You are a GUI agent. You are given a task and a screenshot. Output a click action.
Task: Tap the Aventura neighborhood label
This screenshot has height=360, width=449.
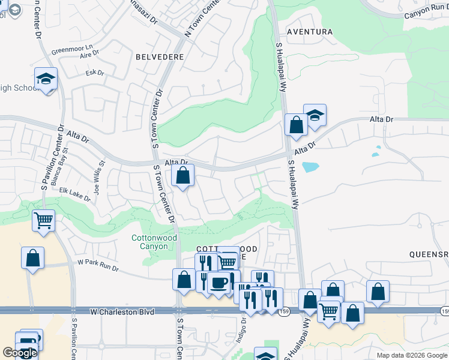pyautogui.click(x=310, y=31)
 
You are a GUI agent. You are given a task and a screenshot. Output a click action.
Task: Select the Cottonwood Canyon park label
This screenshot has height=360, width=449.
pyautogui.click(x=154, y=242)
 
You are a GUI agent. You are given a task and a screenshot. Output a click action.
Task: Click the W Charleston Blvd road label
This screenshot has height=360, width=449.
pyautogui.click(x=122, y=312)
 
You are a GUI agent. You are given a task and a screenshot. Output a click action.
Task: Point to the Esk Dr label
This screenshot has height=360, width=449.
pyautogui.click(x=95, y=73)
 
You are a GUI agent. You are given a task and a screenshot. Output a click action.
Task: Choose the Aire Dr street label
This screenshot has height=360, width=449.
pyautogui.click(x=89, y=56)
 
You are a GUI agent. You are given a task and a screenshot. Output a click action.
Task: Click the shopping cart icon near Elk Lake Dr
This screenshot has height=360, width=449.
pyautogui.click(x=44, y=220)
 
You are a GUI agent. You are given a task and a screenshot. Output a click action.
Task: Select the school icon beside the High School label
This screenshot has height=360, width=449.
pyautogui.click(x=46, y=79)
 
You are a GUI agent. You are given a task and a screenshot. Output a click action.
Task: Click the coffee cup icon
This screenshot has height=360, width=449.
pyautogui.click(x=218, y=282)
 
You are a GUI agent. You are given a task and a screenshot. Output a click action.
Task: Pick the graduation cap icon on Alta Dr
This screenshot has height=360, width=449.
pyautogui.click(x=315, y=115)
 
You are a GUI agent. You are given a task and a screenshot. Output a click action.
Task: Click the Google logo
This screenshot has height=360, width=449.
pyautogui.click(x=20, y=353)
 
